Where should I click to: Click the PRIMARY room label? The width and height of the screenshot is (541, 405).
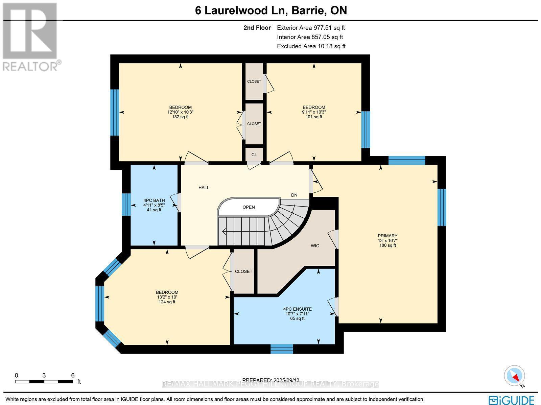(387, 236)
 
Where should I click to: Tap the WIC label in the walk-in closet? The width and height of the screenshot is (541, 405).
(315, 246)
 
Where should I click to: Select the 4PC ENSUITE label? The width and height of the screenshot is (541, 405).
(297, 309)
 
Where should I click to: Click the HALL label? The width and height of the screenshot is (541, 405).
(204, 187)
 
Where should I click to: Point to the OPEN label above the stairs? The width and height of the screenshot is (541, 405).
(249, 207)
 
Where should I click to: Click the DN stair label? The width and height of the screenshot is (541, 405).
(294, 195)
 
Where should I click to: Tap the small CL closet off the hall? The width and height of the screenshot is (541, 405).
(254, 154)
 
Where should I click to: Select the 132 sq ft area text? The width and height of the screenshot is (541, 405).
(180, 117)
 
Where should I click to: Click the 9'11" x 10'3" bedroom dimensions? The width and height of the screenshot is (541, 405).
(314, 112)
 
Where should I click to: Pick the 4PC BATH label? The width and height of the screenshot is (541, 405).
(154, 200)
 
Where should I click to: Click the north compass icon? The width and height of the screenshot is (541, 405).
(515, 376)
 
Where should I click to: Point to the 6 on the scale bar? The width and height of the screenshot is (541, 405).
(73, 375)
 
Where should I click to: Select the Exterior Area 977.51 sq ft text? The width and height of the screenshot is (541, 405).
(311, 28)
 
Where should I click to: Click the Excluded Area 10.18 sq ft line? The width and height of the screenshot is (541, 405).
(311, 46)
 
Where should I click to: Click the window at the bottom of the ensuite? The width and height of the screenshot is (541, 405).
(282, 349)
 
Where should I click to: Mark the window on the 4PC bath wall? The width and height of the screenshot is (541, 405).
(126, 204)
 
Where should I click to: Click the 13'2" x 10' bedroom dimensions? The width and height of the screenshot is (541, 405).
(167, 297)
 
